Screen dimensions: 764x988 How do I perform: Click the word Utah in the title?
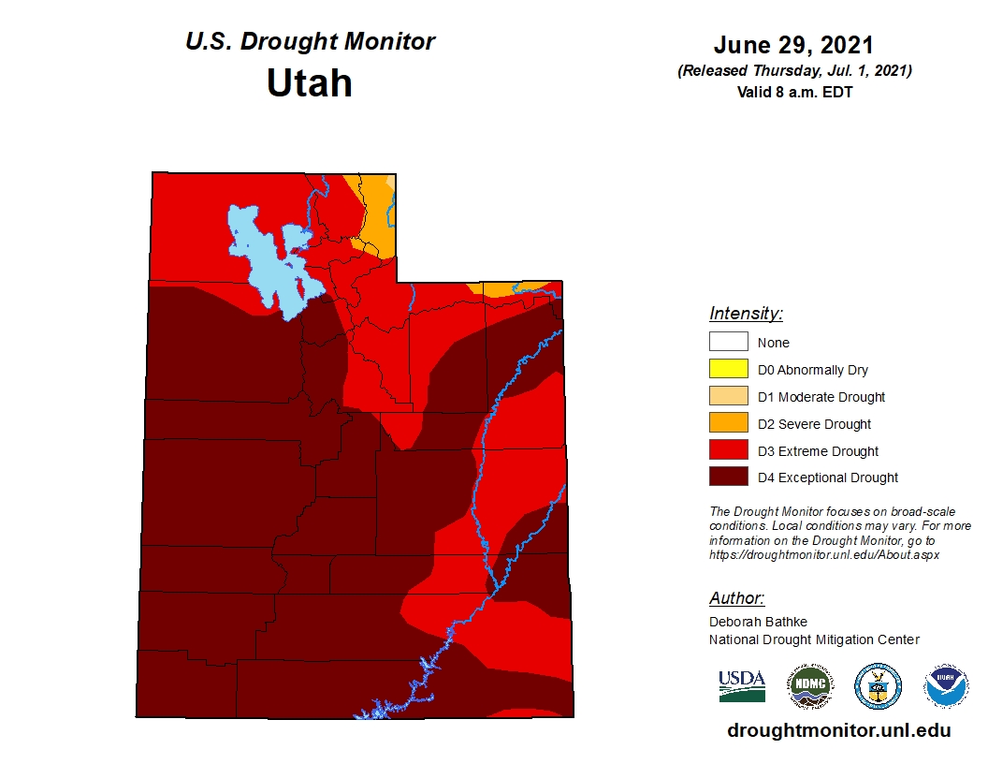(x=309, y=83)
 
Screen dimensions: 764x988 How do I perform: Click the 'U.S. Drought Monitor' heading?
(x=310, y=42)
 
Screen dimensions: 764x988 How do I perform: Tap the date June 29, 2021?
(x=792, y=45)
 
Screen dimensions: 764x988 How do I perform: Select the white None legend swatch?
(x=728, y=343)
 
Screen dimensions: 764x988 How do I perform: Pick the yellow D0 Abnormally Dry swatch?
(x=728, y=370)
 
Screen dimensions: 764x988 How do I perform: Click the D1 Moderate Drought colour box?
(x=728, y=397)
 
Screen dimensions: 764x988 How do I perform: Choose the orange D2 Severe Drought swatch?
(x=728, y=424)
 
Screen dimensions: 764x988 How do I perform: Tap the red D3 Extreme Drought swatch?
(x=728, y=451)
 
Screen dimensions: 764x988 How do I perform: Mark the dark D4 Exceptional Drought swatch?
(x=728, y=477)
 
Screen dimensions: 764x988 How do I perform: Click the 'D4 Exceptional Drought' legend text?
(x=828, y=477)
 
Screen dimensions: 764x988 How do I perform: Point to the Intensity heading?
(x=746, y=314)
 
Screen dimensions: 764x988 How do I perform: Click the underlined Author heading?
(x=736, y=598)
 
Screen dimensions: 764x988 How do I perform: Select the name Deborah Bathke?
(x=758, y=622)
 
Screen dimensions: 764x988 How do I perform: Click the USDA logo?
(x=742, y=686)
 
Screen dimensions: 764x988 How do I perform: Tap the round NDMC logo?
(x=808, y=686)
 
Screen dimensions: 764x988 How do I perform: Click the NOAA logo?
(x=945, y=686)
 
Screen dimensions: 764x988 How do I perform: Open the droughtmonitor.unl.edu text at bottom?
(x=838, y=731)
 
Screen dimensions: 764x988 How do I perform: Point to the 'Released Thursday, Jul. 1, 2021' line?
(x=793, y=71)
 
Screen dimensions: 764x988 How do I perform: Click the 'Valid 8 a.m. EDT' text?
(x=793, y=92)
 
